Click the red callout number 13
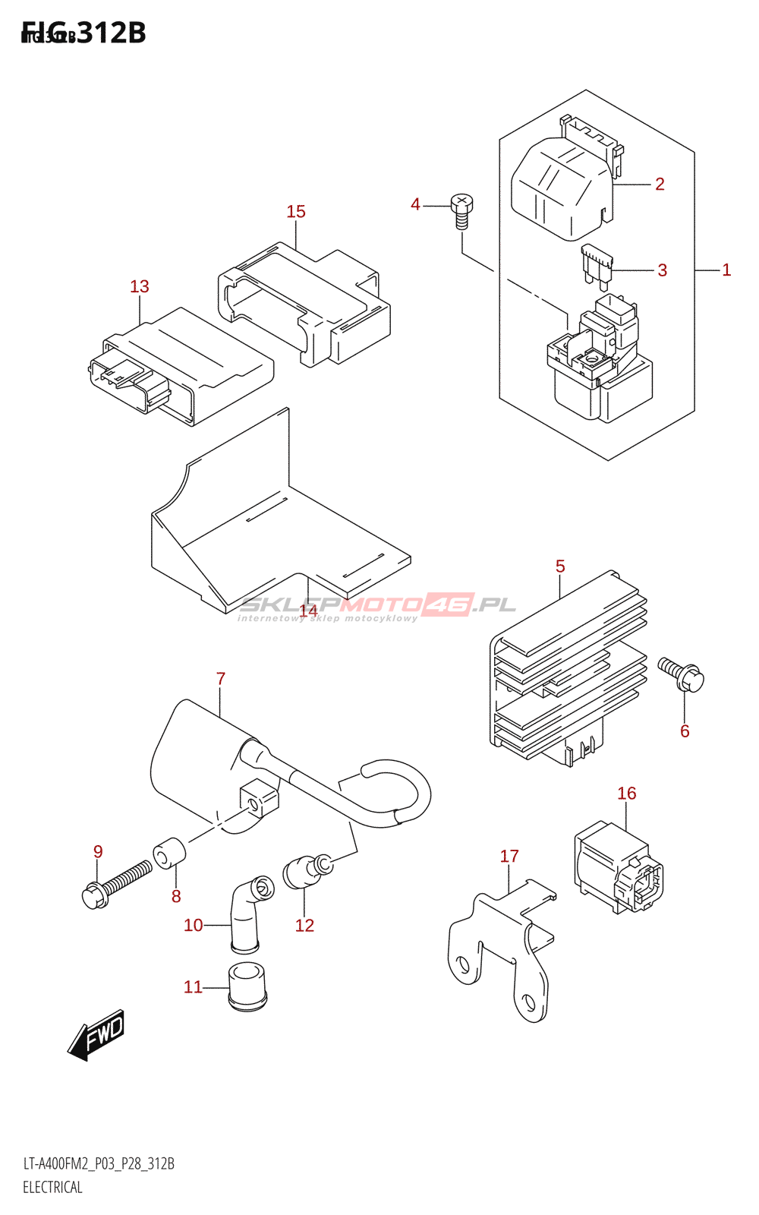click(x=140, y=286)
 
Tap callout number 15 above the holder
click(x=296, y=212)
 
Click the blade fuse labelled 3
click(x=598, y=266)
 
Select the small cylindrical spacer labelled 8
click(x=169, y=852)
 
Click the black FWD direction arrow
click(x=96, y=1034)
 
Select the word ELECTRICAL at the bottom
click(x=52, y=1188)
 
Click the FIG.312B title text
click(x=84, y=33)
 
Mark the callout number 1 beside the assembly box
click(x=726, y=270)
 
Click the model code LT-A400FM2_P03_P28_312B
click(x=99, y=1164)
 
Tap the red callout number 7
click(x=221, y=679)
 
